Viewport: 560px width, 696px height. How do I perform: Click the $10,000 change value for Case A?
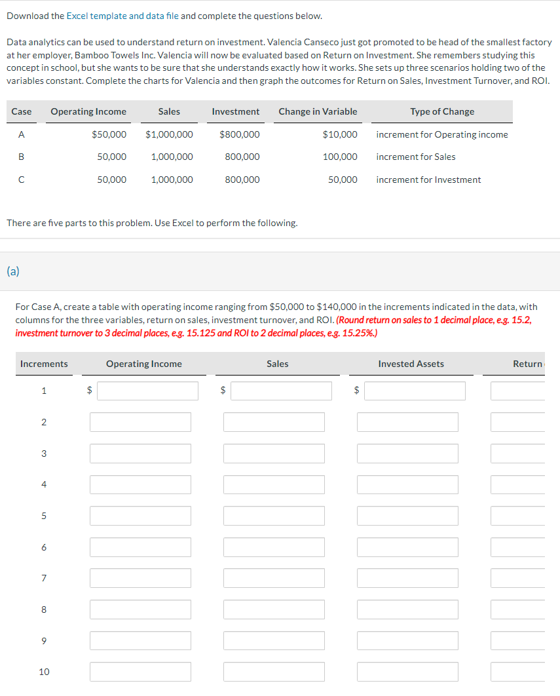(x=340, y=134)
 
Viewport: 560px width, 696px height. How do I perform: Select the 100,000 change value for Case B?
(x=340, y=157)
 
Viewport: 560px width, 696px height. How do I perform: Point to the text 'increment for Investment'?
(x=428, y=180)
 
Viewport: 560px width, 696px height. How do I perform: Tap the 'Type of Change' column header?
(x=442, y=111)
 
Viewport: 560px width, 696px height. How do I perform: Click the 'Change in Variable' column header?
(x=318, y=111)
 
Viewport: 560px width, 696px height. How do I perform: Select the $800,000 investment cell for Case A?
(x=240, y=134)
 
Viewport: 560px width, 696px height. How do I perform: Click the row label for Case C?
(x=22, y=180)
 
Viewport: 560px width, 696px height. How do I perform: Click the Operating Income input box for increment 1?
(x=148, y=391)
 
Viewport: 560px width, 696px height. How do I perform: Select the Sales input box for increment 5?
(x=274, y=516)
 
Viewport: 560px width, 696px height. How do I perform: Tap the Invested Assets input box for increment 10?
(x=407, y=672)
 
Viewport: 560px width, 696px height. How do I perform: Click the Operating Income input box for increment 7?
(x=140, y=578)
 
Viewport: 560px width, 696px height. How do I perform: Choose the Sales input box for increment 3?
(x=274, y=454)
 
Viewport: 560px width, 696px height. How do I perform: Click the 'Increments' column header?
(x=44, y=364)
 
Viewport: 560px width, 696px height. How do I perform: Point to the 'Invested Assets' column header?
(x=411, y=364)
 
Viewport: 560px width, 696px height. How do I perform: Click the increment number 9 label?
(x=44, y=640)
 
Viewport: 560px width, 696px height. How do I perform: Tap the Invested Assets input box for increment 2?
(x=407, y=422)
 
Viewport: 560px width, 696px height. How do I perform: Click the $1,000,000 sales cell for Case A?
(x=169, y=134)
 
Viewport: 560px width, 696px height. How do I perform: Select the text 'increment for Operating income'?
(x=442, y=134)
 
